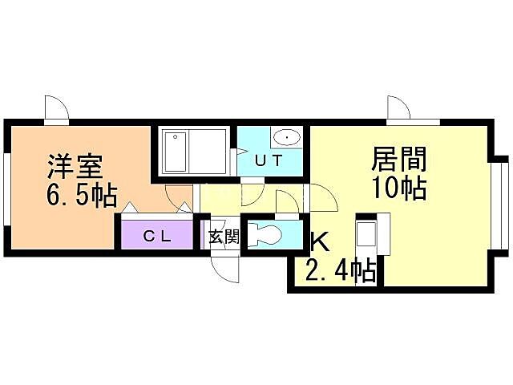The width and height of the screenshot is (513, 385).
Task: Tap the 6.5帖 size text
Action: point(80,196)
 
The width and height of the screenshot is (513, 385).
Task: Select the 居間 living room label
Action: point(398,159)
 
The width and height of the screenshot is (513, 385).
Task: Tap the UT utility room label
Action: point(269,160)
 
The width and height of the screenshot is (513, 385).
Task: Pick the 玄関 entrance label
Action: point(224,237)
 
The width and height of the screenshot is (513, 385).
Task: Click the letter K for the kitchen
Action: point(318,241)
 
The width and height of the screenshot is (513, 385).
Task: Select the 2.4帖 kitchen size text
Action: point(340,271)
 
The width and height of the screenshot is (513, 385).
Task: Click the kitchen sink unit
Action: point(368,236)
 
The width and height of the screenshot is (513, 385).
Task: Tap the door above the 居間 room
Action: point(398,109)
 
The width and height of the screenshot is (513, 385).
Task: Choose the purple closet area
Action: point(157,235)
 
